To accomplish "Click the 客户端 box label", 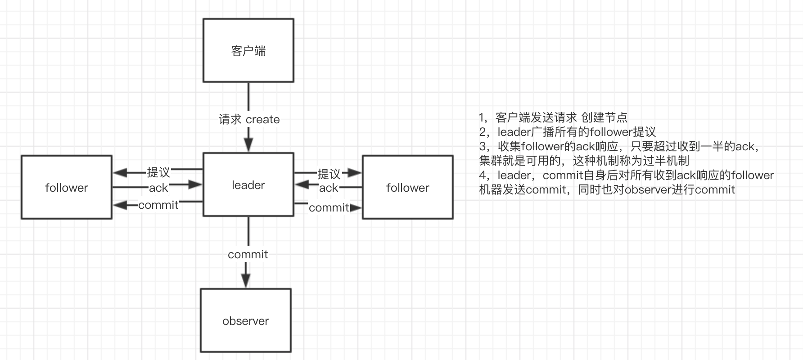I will tap(248, 51).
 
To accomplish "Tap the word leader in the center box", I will tap(248, 185).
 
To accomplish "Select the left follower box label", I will tap(67, 188).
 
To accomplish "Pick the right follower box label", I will tap(408, 188).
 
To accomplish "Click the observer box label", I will tap(246, 321).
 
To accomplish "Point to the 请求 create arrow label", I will tap(249, 119).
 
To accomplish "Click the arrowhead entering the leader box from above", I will tap(248, 145).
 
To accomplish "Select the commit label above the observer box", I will tap(248, 254).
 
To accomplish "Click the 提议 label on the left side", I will tap(158, 172).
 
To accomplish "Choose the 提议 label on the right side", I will tap(329, 174).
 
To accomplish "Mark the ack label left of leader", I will tap(158, 188).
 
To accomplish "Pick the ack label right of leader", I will tap(329, 188).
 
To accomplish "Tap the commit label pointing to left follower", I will tap(158, 205).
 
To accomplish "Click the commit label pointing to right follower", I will tap(329, 207).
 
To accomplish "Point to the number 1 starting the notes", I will tap(482, 118).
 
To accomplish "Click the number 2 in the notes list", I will tap(483, 132).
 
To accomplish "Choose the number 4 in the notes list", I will tap(483, 175).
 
